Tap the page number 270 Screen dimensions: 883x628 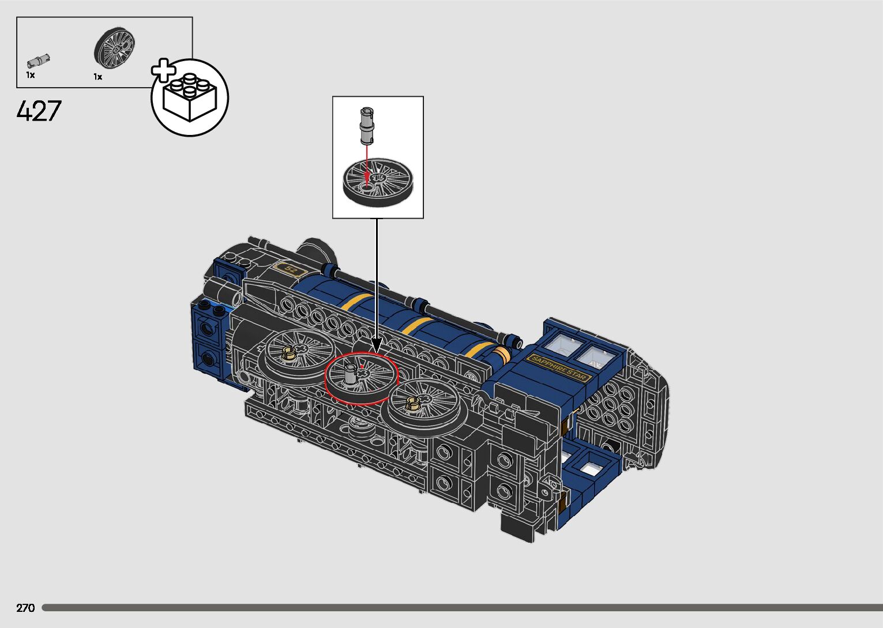(x=25, y=608)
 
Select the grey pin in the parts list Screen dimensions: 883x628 (x=39, y=61)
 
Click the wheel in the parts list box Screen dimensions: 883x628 (x=114, y=48)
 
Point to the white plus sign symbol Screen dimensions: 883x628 (x=164, y=70)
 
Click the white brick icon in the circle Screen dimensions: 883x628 (x=190, y=97)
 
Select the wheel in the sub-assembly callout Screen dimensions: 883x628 (x=378, y=182)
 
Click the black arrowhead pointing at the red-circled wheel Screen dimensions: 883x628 (x=377, y=345)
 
